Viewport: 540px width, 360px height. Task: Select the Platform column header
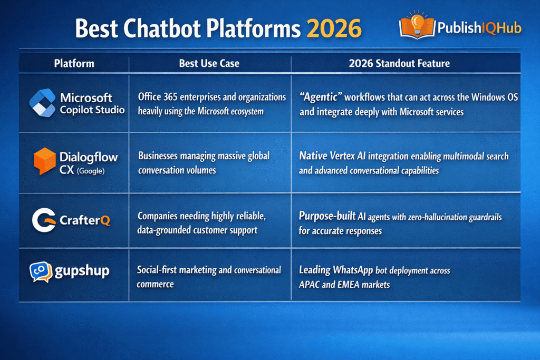pos(74,64)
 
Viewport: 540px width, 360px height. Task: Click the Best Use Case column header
pos(209,64)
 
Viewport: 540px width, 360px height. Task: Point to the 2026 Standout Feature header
pos(399,64)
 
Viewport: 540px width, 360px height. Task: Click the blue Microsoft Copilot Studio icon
pos(42,103)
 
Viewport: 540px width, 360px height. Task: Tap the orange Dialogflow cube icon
pos(45,161)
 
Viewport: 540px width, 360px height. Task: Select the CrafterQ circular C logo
pos(43,220)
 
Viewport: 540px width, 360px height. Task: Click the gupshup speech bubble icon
pos(41,272)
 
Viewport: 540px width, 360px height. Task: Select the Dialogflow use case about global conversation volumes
pos(204,163)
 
